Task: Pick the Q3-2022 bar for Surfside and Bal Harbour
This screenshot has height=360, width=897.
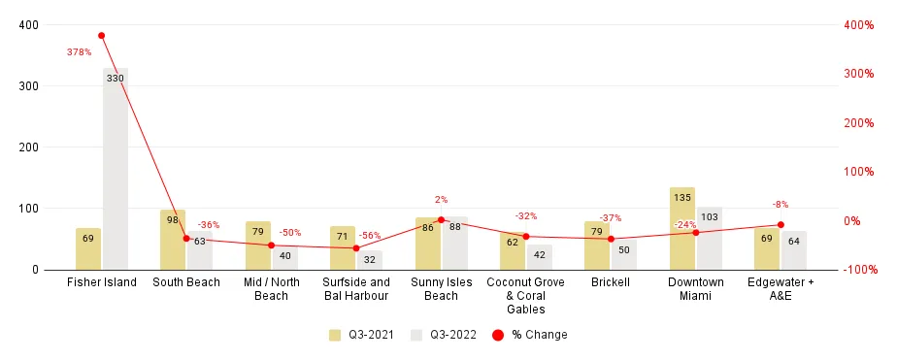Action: click(370, 260)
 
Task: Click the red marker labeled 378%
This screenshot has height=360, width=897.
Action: click(101, 36)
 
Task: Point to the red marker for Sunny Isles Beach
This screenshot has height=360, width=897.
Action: click(441, 220)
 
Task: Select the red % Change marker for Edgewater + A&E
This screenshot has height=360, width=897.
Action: click(781, 225)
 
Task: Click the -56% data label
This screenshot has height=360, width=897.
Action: click(370, 236)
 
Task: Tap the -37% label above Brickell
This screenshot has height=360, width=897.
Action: click(610, 218)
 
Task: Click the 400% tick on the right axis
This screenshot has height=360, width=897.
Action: click(868, 25)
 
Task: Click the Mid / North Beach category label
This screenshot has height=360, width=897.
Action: click(271, 289)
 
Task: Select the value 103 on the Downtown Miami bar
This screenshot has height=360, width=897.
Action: click(710, 216)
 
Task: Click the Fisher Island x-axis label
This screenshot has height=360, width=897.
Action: click(102, 282)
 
